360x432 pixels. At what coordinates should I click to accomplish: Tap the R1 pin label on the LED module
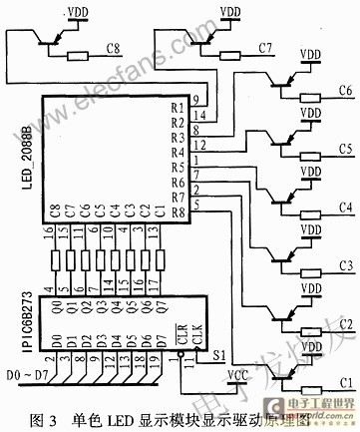click(x=178, y=107)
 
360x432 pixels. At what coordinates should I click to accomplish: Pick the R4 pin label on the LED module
click(x=178, y=153)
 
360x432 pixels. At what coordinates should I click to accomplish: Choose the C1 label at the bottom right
click(x=345, y=381)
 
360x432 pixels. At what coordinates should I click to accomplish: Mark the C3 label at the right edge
click(x=345, y=265)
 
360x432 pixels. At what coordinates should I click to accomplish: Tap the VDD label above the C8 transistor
click(x=79, y=13)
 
